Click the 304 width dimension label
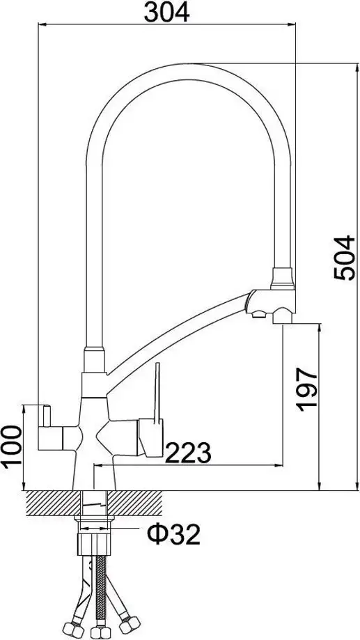167,12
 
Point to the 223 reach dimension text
187,453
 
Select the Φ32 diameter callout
173,535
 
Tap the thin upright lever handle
159,393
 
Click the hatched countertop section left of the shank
55,504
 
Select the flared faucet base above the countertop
95,473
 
